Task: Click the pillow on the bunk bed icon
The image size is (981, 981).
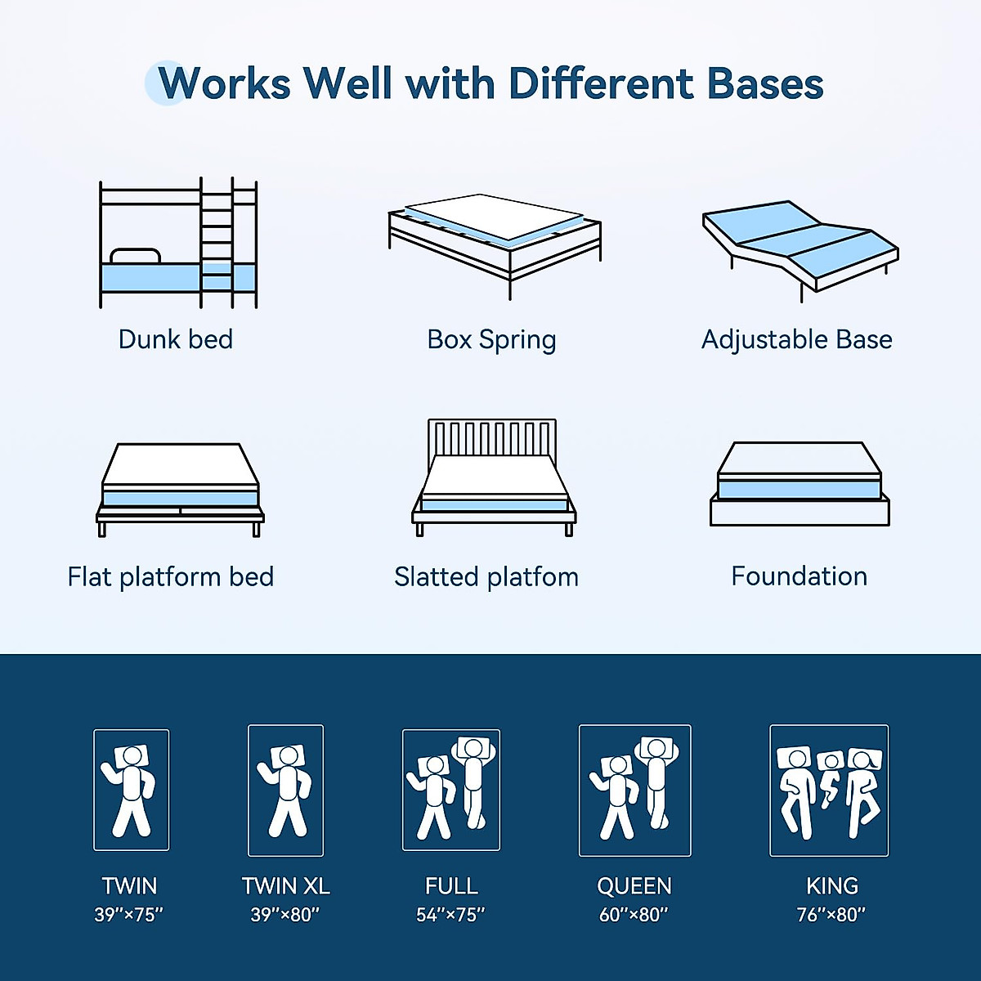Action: pyautogui.click(x=135, y=256)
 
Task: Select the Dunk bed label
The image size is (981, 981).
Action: pyautogui.click(x=176, y=339)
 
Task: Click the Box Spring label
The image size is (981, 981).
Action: pyautogui.click(x=491, y=339)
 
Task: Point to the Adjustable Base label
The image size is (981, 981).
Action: pyautogui.click(x=796, y=339)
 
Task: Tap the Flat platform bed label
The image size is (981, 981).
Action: pyautogui.click(x=171, y=577)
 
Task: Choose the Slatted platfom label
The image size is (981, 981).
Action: pyautogui.click(x=486, y=577)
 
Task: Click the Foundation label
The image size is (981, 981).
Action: pyautogui.click(x=799, y=576)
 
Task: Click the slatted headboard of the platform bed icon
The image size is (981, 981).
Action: pyautogui.click(x=492, y=437)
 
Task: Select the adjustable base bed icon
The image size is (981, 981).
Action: pyautogui.click(x=800, y=244)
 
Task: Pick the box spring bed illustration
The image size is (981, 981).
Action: pyautogui.click(x=495, y=241)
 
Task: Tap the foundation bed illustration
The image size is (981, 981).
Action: pyautogui.click(x=800, y=484)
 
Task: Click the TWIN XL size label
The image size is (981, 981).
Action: pyautogui.click(x=285, y=886)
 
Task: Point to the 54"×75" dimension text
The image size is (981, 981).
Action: pyautogui.click(x=450, y=915)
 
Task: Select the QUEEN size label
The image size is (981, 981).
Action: pyautogui.click(x=634, y=886)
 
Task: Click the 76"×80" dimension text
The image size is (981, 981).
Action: pyautogui.click(x=831, y=915)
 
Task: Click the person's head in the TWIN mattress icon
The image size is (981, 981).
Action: pyautogui.click(x=132, y=755)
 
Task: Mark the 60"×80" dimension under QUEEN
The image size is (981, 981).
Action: pyautogui.click(x=634, y=915)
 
